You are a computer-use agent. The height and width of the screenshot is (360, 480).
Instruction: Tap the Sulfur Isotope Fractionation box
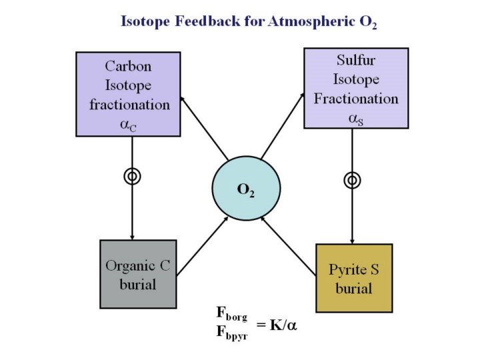click(356, 87)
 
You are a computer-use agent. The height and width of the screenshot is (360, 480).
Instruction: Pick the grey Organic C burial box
click(137, 275)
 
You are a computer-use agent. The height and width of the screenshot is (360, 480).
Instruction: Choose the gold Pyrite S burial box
click(353, 279)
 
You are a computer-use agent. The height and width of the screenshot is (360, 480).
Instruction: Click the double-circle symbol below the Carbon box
click(132, 176)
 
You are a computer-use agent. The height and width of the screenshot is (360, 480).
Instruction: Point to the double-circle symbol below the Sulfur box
click(352, 180)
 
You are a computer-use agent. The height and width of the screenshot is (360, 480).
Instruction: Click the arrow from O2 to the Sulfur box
click(281, 131)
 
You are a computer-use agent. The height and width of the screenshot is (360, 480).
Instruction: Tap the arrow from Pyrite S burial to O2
click(288, 247)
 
